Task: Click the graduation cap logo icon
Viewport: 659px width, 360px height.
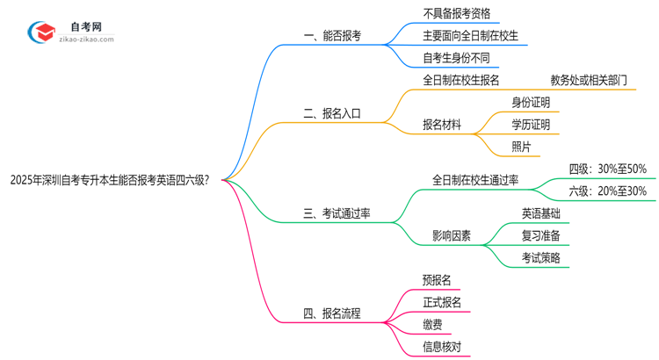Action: point(42,32)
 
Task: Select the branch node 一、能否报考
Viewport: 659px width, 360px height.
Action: point(332,37)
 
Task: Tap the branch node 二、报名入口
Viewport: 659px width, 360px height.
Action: point(331,113)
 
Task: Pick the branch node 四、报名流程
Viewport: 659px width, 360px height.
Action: point(331,313)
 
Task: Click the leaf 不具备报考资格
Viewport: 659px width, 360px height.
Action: point(456,13)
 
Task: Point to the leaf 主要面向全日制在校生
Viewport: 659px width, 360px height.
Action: point(470,36)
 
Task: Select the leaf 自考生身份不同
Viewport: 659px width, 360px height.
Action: point(456,59)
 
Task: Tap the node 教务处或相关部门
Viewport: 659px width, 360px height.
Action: point(589,80)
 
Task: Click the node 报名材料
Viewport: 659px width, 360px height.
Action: point(442,125)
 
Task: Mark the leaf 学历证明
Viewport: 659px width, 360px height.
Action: point(531,125)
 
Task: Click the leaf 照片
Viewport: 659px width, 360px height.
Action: point(521,147)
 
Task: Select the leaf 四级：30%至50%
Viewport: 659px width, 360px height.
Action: point(607,169)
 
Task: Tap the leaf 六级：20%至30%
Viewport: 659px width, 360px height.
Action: point(607,191)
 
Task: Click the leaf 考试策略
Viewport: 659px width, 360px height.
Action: point(540,257)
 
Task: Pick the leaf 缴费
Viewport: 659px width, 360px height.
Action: point(431,325)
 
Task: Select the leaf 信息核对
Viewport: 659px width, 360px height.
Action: point(441,347)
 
